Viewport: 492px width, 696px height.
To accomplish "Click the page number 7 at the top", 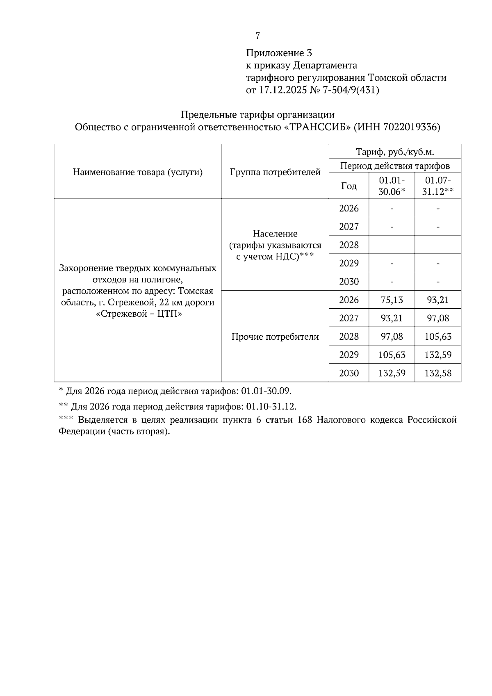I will [x=257, y=36].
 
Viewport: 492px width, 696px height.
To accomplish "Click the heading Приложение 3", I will [x=279, y=53].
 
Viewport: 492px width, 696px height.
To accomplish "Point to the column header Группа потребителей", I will [x=275, y=172].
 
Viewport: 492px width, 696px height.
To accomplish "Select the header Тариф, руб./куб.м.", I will [x=395, y=152].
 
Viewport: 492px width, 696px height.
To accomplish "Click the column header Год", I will [x=349, y=186].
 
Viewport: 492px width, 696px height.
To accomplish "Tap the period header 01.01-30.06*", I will [x=392, y=186].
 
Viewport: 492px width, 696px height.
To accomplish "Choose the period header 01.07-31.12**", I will [x=438, y=186].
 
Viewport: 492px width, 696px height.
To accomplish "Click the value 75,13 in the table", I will [x=392, y=300].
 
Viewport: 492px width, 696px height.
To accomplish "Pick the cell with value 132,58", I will [x=438, y=373].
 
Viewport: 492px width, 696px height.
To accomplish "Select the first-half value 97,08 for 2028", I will [x=392, y=337].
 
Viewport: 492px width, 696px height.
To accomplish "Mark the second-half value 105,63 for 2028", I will [x=438, y=337].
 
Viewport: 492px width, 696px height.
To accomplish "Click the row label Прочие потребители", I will [x=275, y=337].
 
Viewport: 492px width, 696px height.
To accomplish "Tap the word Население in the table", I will [x=275, y=234].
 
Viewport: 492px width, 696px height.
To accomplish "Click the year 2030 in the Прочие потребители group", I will [x=349, y=373].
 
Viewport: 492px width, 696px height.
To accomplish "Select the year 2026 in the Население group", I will [x=349, y=209].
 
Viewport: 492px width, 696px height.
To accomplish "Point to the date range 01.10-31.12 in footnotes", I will [x=271, y=407].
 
